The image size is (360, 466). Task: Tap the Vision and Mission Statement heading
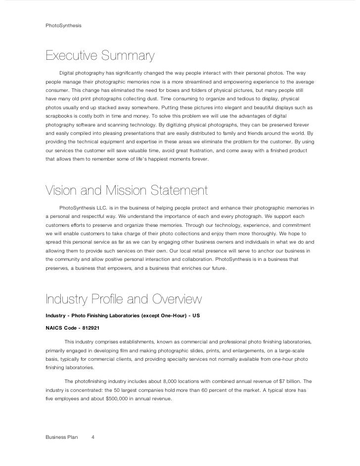127,190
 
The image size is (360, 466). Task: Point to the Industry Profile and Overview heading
123,299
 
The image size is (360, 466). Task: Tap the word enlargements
244,350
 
